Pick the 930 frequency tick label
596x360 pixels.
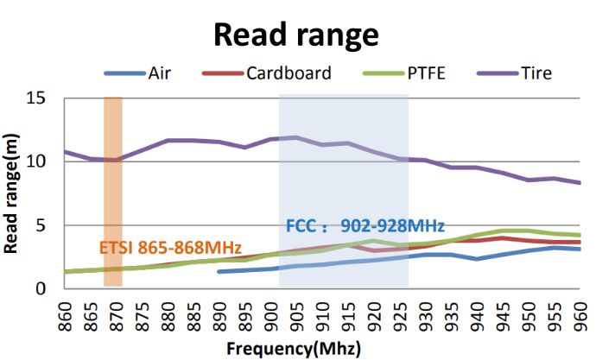pos(425,313)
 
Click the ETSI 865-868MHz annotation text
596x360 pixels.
pos(170,247)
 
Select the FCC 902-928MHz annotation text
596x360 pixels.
pos(365,226)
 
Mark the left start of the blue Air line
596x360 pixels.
pos(219,272)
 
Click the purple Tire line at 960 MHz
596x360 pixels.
pos(579,182)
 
